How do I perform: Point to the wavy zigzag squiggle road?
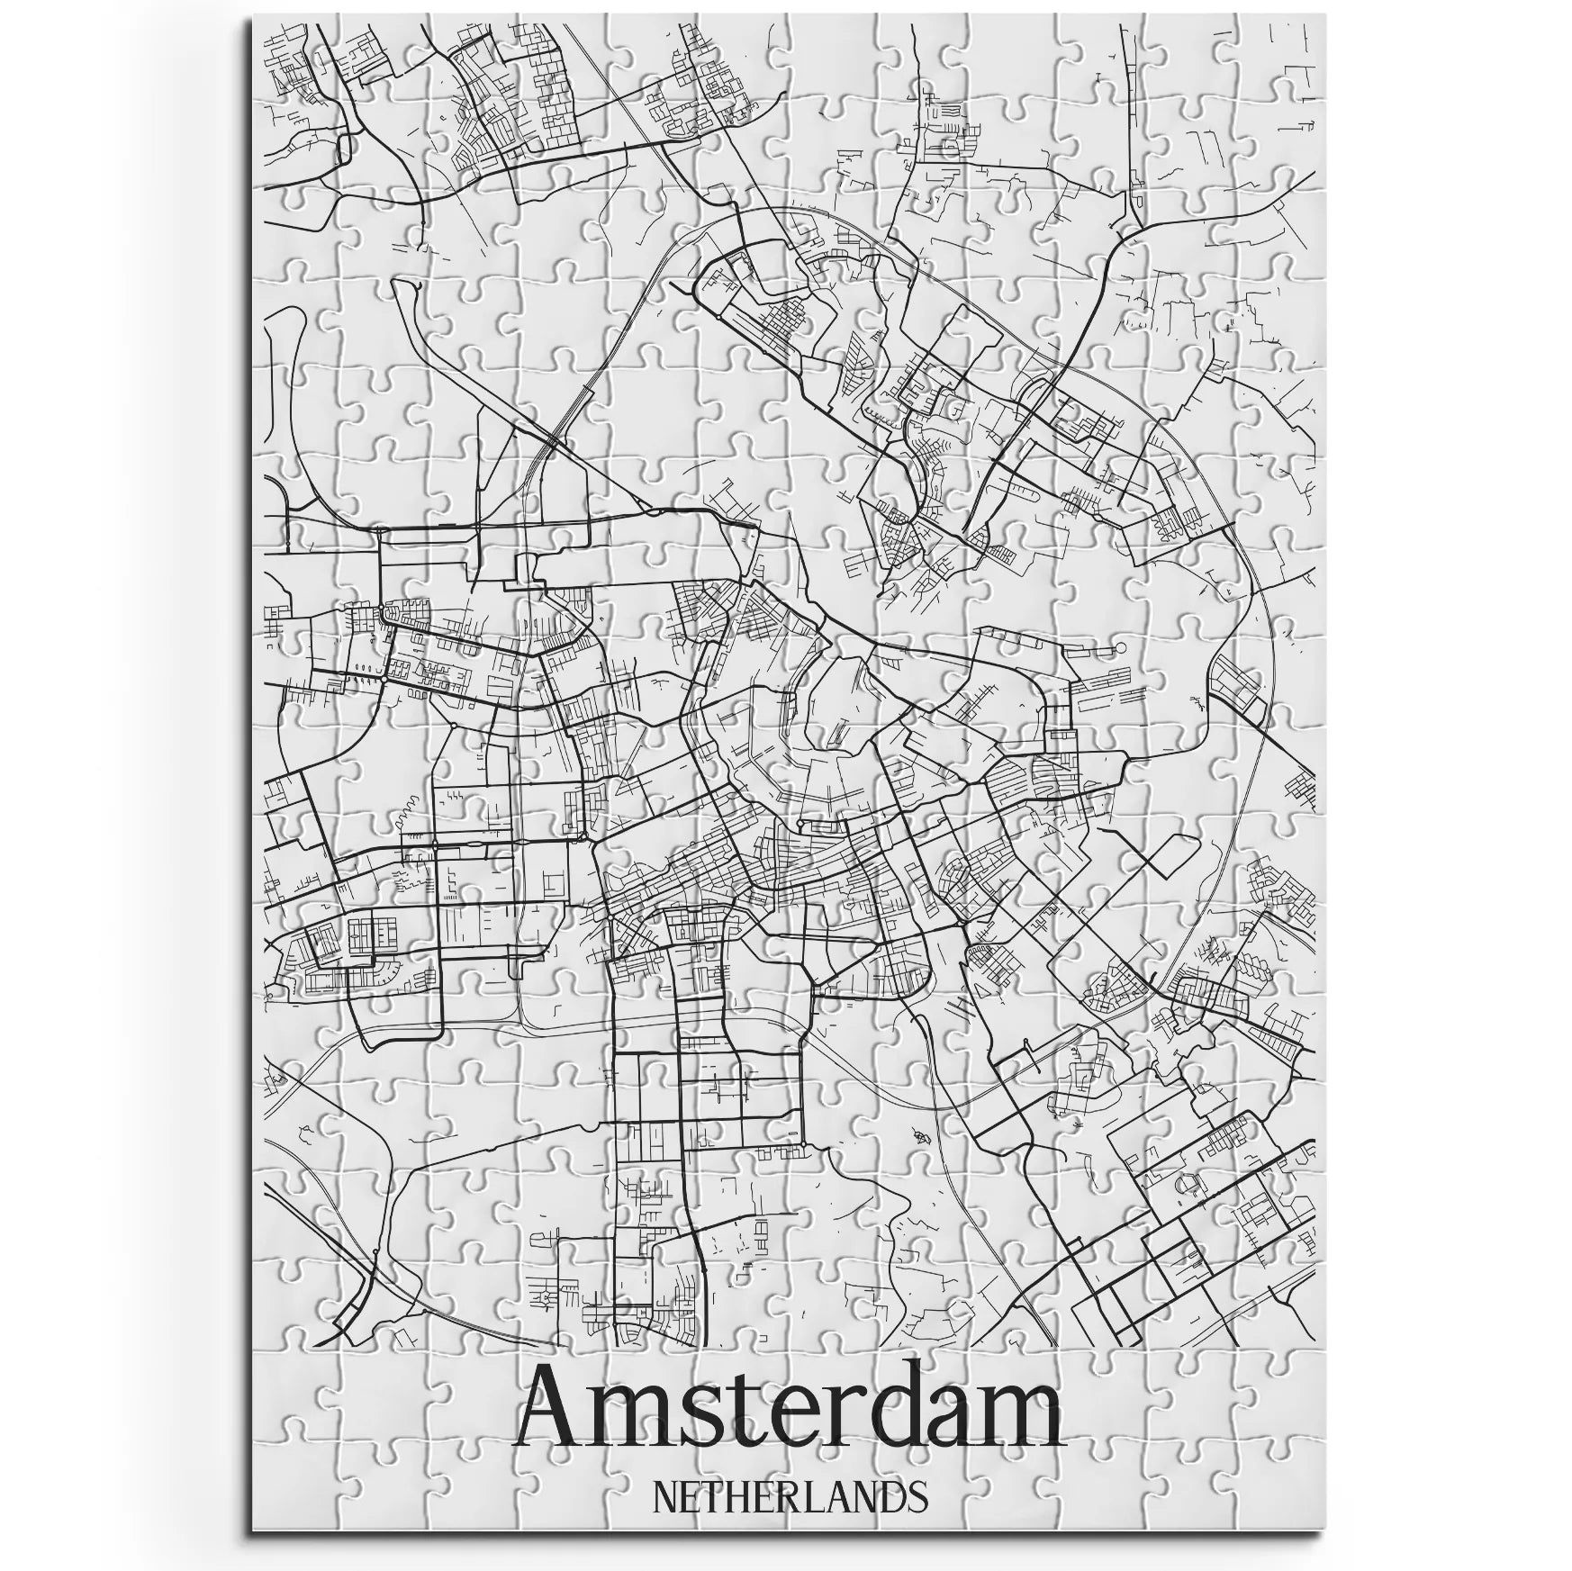pos(403,808)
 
